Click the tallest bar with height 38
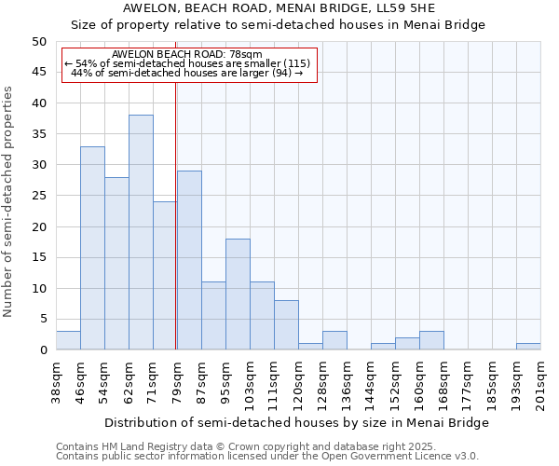[141, 232]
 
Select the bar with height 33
[92, 248]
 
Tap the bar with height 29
[189, 260]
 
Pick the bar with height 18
[238, 294]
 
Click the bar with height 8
[286, 325]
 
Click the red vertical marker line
[176, 214]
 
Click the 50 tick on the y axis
[39, 42]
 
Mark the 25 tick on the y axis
[39, 196]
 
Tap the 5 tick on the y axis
[43, 319]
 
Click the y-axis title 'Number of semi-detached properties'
[9, 201]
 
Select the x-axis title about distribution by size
[296, 422]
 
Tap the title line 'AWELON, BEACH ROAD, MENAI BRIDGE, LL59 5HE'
[279, 8]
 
